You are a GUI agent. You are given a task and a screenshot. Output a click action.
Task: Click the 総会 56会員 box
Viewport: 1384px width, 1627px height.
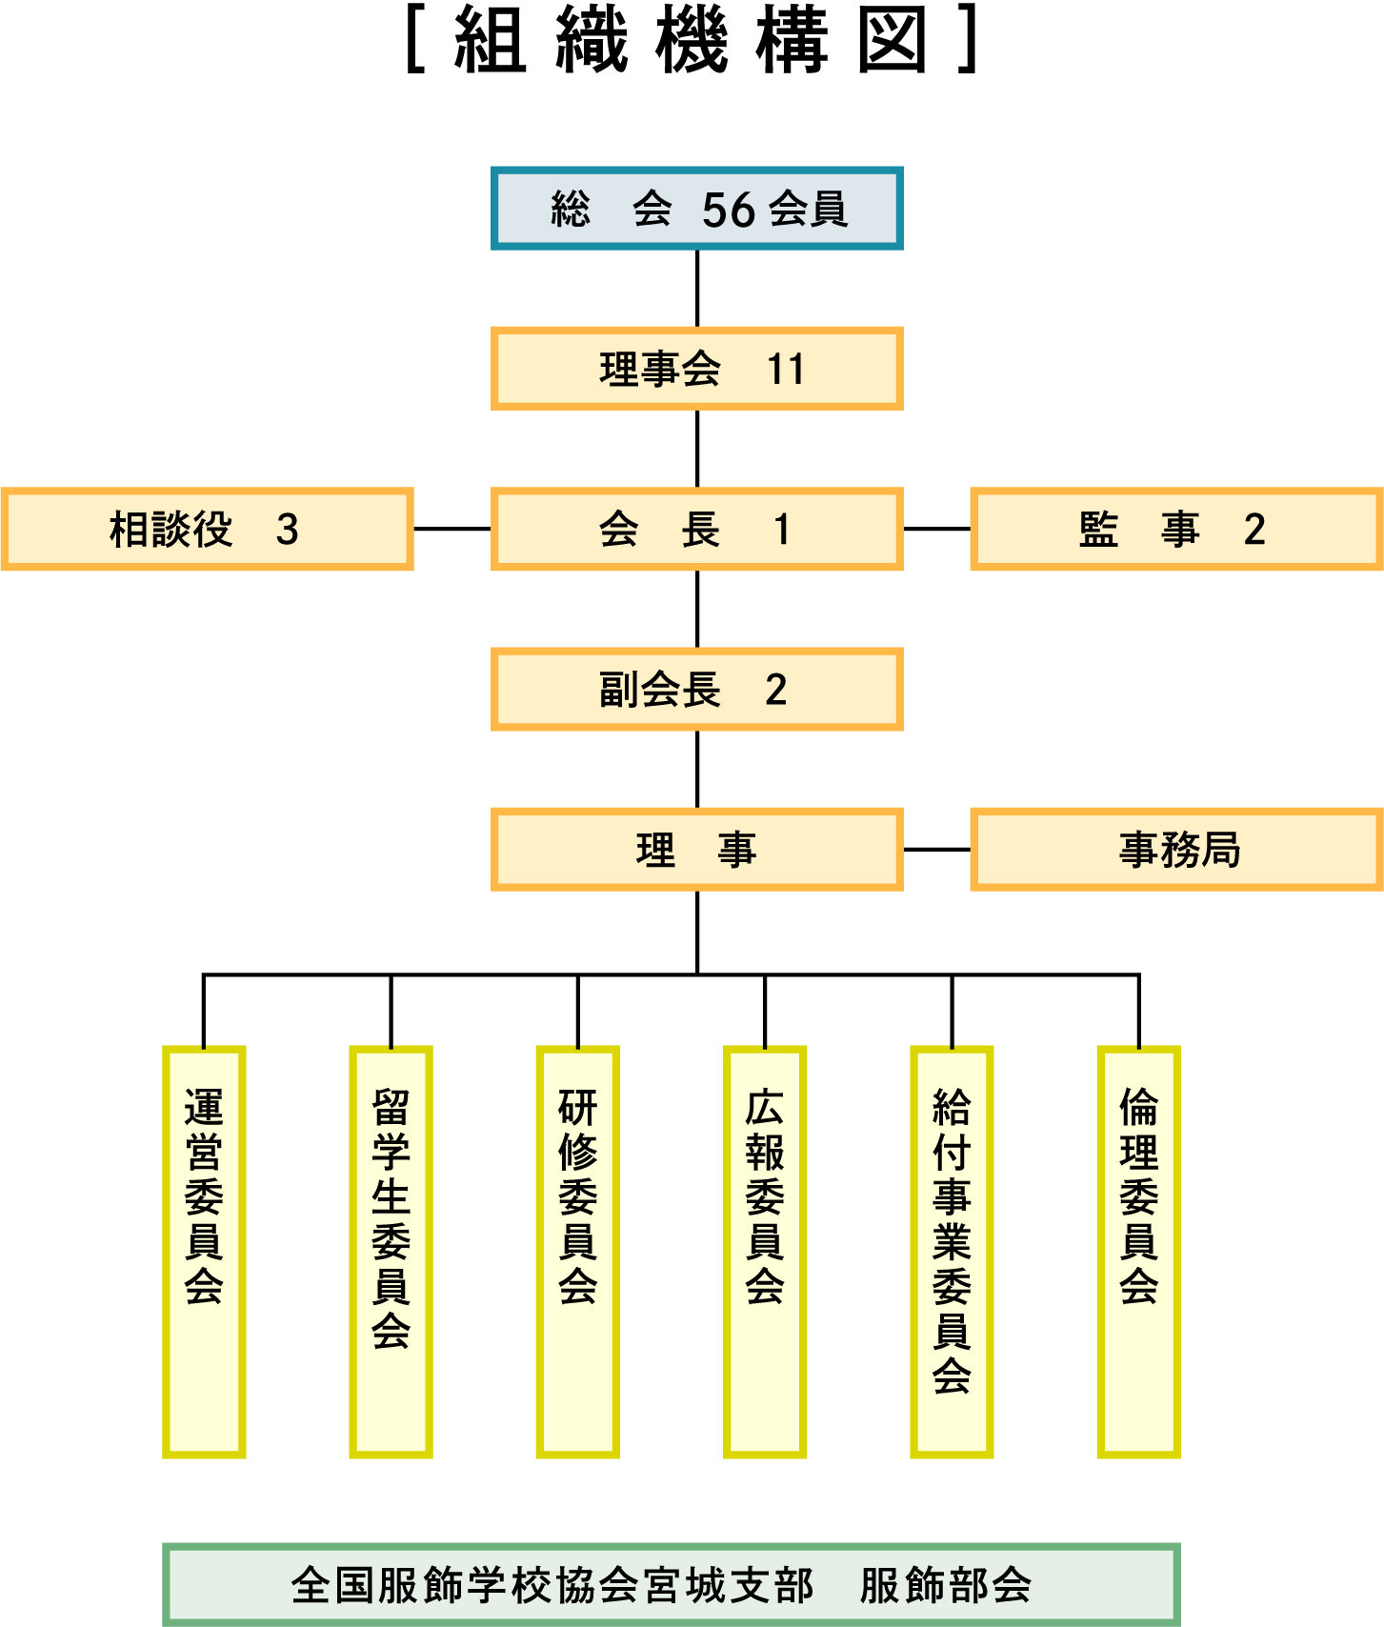coord(696,209)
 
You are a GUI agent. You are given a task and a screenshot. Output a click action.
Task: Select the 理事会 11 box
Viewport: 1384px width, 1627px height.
coord(696,369)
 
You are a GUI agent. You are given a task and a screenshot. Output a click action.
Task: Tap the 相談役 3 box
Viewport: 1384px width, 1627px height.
coord(207,529)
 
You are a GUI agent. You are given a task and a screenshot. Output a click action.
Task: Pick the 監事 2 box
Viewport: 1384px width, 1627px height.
coord(1175,529)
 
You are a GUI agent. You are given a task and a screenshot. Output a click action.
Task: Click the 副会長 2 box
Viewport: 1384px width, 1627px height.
coord(696,689)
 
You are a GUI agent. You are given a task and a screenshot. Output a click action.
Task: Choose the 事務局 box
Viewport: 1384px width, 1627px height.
coord(1175,849)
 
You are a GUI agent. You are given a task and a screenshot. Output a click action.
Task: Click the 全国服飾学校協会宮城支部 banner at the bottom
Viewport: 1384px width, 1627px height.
coord(671,1585)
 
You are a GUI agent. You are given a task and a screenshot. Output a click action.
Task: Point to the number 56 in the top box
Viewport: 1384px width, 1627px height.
coord(729,210)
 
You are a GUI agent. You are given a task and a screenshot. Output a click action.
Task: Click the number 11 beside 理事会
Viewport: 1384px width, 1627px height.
coord(786,370)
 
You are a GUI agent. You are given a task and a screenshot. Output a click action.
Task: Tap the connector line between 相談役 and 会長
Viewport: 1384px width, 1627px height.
coord(451,529)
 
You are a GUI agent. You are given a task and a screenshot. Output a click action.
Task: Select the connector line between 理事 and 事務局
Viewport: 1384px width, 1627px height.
coord(936,849)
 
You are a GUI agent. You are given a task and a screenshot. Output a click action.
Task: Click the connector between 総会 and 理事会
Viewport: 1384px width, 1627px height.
coord(697,289)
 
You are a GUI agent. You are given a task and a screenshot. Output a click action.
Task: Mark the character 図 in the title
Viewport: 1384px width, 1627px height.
coord(892,41)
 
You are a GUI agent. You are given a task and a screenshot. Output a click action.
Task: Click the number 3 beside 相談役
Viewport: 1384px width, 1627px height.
coord(287,530)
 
